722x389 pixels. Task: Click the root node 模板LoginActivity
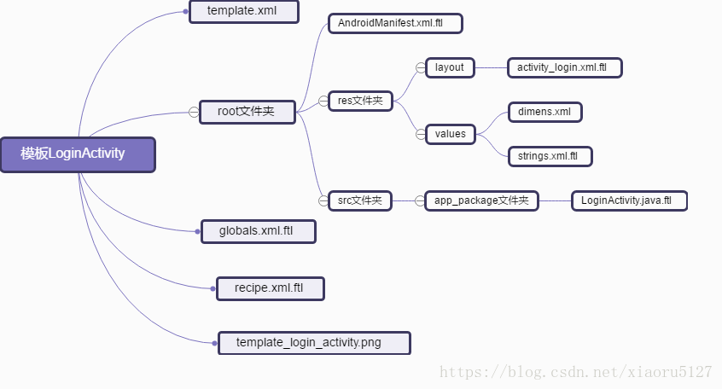tap(78, 154)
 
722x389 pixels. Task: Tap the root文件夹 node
tap(247, 112)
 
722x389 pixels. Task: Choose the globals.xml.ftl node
tap(258, 231)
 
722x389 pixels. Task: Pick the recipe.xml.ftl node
tap(270, 288)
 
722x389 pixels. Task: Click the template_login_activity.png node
tap(314, 343)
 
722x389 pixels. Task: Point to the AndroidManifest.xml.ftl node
tap(395, 22)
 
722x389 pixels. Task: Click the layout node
tap(450, 67)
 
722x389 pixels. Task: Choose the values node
tap(451, 133)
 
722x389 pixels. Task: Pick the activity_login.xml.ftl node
tap(564, 67)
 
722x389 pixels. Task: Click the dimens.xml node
tap(545, 112)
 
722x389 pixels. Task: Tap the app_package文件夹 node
tap(481, 201)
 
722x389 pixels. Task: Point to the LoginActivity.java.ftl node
tap(628, 201)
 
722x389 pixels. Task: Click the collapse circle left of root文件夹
tap(194, 112)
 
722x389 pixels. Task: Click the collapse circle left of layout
tap(419, 67)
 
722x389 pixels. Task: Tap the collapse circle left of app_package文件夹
tap(419, 201)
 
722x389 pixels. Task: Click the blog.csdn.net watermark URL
tap(575, 372)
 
